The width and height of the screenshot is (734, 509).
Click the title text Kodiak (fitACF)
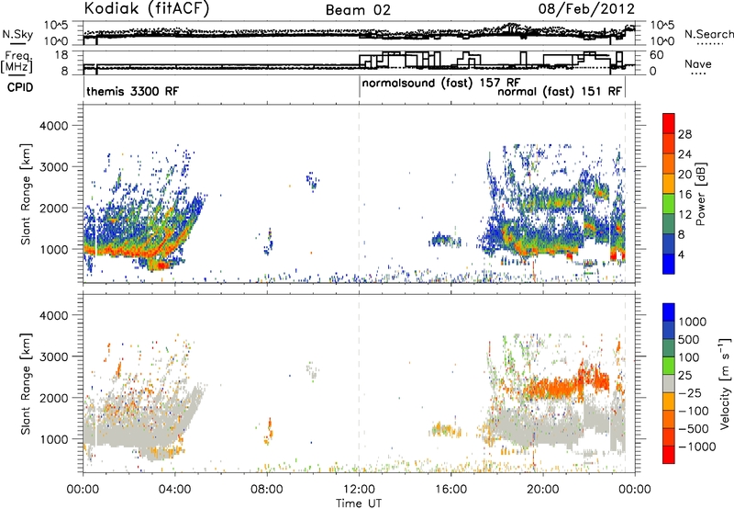click(x=147, y=8)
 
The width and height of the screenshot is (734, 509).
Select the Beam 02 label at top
click(x=358, y=10)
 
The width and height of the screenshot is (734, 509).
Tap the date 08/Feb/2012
click(x=586, y=9)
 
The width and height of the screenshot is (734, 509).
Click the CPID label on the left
click(x=20, y=87)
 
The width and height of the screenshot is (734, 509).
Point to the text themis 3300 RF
click(x=132, y=91)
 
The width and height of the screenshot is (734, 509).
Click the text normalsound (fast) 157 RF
click(x=441, y=84)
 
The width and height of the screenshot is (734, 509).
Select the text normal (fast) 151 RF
click(x=560, y=92)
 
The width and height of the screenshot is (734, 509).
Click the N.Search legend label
click(x=709, y=34)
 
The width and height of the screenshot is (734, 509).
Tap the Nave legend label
click(x=698, y=64)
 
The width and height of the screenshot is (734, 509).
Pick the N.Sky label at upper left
click(x=17, y=34)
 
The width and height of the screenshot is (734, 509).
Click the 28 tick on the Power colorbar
click(x=684, y=134)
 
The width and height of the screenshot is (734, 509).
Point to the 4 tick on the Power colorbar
click(x=682, y=254)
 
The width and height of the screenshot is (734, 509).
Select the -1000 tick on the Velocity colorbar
click(x=697, y=447)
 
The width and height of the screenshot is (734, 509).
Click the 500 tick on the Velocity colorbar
click(x=689, y=340)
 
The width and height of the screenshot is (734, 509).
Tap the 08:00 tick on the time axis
click(x=267, y=490)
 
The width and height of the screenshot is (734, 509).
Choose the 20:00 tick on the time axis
click(x=543, y=490)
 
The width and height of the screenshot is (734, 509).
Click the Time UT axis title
click(x=359, y=503)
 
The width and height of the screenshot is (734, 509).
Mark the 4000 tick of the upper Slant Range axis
click(x=54, y=126)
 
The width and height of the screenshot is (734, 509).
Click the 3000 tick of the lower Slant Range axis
click(x=54, y=356)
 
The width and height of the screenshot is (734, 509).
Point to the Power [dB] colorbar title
click(x=700, y=194)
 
